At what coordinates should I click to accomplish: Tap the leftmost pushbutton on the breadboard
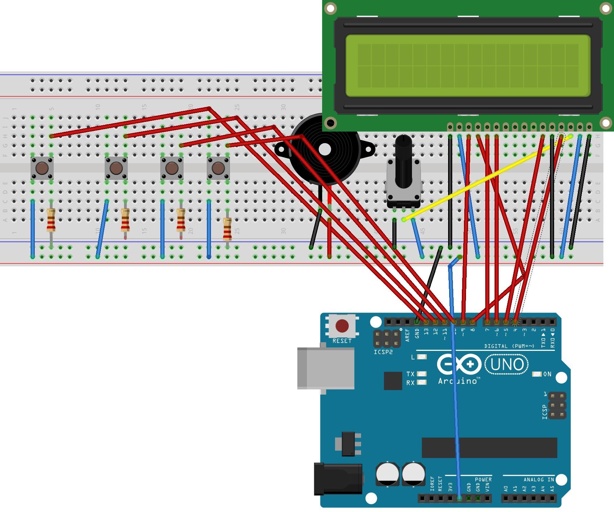pos(42,168)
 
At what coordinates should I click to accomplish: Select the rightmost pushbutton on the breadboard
pos(218,168)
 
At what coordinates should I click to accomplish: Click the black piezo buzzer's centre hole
pos(325,149)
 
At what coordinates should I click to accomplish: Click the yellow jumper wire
pos(489,177)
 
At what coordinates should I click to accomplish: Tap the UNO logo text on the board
pos(507,365)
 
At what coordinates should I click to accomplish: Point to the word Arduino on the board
pos(458,381)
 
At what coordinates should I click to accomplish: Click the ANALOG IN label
pos(539,480)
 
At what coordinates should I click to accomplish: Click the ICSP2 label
pos(383,352)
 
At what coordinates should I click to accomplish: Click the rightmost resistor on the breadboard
pos(227,229)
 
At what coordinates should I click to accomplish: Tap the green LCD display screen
pos(468,65)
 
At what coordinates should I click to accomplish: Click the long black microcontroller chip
pos(489,448)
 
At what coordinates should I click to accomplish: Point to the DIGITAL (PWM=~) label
pos(509,346)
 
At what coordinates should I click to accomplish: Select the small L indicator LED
pos(422,357)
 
